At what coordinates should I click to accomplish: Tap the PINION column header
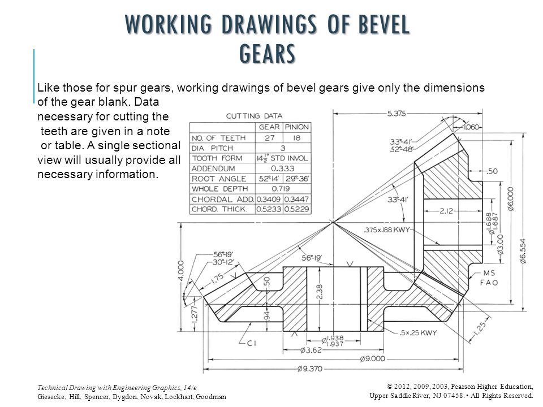click(x=296, y=127)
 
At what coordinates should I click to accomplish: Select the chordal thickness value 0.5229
click(x=296, y=209)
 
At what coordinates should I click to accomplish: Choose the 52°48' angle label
click(x=401, y=149)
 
